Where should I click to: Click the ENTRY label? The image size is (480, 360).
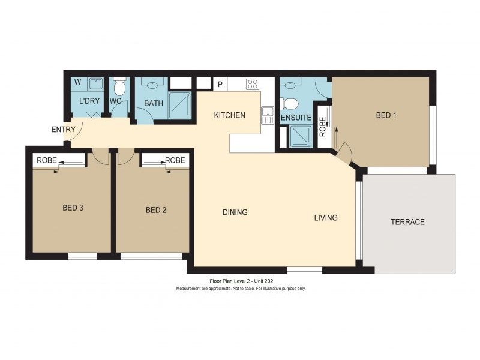tap(63, 130)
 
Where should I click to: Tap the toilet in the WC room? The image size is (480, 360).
tap(119, 88)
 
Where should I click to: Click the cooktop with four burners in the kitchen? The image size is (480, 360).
tap(253, 84)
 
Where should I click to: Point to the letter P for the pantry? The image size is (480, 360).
tap(220, 85)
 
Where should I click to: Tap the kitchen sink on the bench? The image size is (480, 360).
tap(268, 115)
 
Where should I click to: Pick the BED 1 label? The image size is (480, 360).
tap(386, 115)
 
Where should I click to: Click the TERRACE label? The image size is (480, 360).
tap(407, 222)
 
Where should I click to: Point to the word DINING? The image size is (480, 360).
tap(235, 212)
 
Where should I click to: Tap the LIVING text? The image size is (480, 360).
tap(326, 218)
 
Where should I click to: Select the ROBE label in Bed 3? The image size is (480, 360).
tap(47, 160)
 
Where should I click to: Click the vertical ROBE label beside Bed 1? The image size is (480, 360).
tap(323, 127)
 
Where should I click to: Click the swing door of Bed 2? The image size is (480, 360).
tap(125, 156)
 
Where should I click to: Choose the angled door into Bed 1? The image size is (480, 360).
tap(344, 155)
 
